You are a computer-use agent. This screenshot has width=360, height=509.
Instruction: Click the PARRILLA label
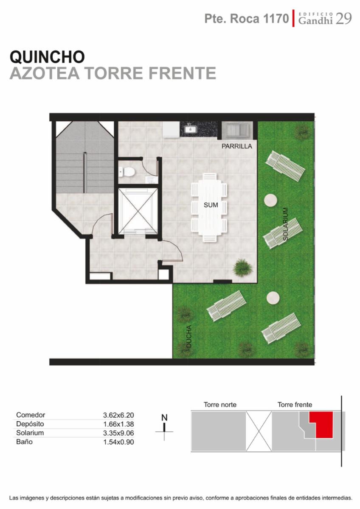point(237,146)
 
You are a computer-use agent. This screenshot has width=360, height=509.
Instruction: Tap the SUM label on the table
point(211,205)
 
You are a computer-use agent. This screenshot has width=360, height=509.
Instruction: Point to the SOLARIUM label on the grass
point(286,224)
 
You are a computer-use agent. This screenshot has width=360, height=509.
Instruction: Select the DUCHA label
point(189,337)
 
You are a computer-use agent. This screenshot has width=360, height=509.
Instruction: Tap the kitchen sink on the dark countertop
point(189,129)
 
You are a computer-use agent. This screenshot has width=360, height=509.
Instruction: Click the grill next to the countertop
point(237,130)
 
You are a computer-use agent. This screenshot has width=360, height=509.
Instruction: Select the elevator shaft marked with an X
point(138,211)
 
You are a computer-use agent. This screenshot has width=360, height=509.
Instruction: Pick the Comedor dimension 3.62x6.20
point(118,415)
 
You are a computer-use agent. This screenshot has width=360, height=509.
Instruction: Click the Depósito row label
point(30,424)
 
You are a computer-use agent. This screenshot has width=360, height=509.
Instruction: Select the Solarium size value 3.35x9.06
point(118,433)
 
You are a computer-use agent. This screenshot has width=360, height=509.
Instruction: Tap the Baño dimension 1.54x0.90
point(118,442)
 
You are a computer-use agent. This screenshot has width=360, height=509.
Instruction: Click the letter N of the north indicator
point(164,418)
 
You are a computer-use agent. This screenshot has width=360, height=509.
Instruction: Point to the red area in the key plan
point(323,425)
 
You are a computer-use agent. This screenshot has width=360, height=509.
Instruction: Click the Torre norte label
point(220,405)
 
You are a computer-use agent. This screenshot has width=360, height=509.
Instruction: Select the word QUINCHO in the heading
point(47,57)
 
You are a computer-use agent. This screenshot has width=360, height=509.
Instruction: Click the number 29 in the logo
point(343,19)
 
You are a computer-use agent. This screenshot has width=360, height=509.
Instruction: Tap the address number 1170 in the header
point(276,19)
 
